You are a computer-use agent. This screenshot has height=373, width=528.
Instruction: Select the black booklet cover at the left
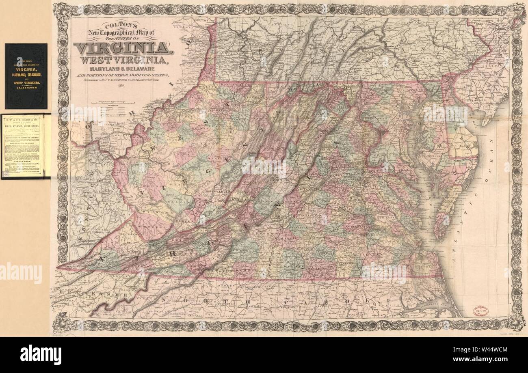click(26, 76)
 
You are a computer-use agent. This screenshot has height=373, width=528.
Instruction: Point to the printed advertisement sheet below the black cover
click(26, 146)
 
